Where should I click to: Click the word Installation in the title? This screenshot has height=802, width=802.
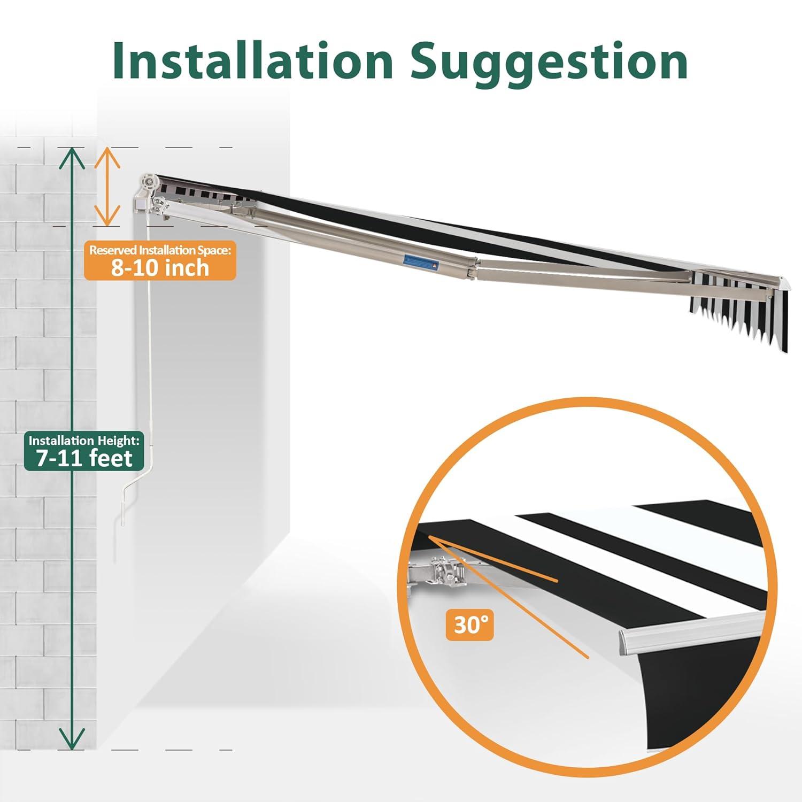click(x=253, y=61)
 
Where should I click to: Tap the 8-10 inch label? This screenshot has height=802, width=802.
click(x=160, y=267)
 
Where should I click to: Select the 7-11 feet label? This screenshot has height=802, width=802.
click(x=85, y=458)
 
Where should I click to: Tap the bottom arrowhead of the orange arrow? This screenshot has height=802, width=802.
click(x=107, y=215)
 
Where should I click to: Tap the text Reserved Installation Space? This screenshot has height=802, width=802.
click(x=160, y=250)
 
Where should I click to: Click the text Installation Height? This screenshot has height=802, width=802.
click(x=84, y=441)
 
